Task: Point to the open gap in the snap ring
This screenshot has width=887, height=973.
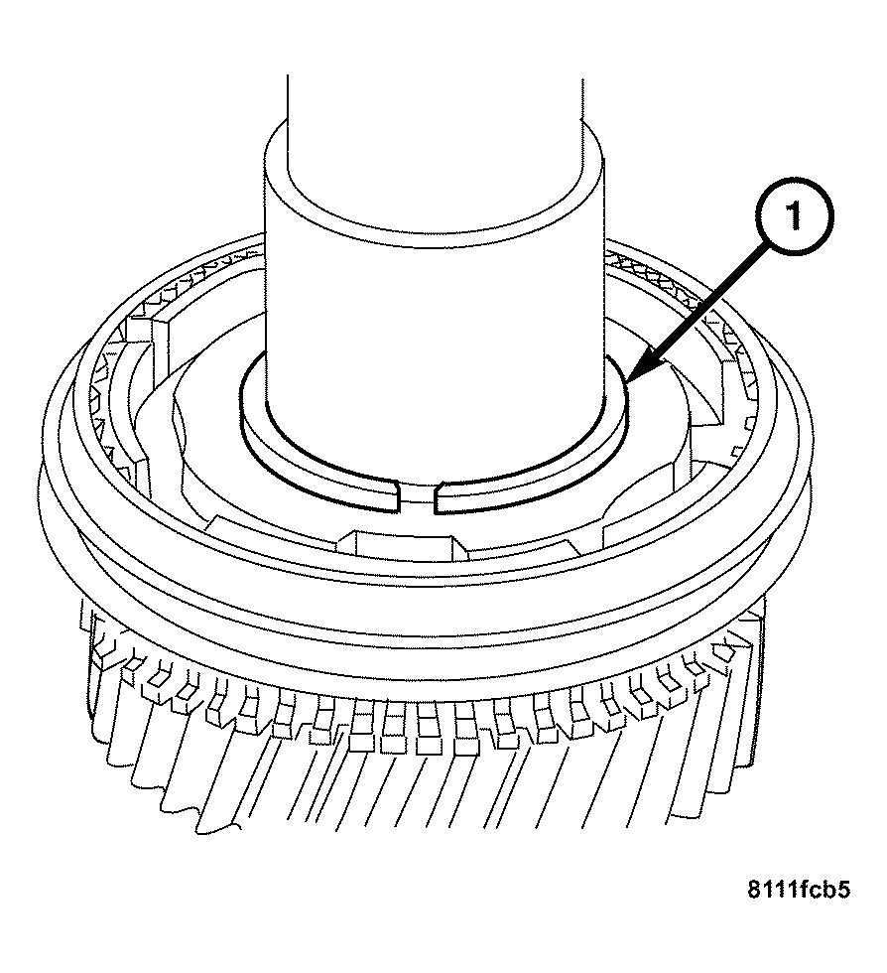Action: coord(417,495)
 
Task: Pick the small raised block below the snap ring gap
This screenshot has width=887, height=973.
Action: coord(397,546)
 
